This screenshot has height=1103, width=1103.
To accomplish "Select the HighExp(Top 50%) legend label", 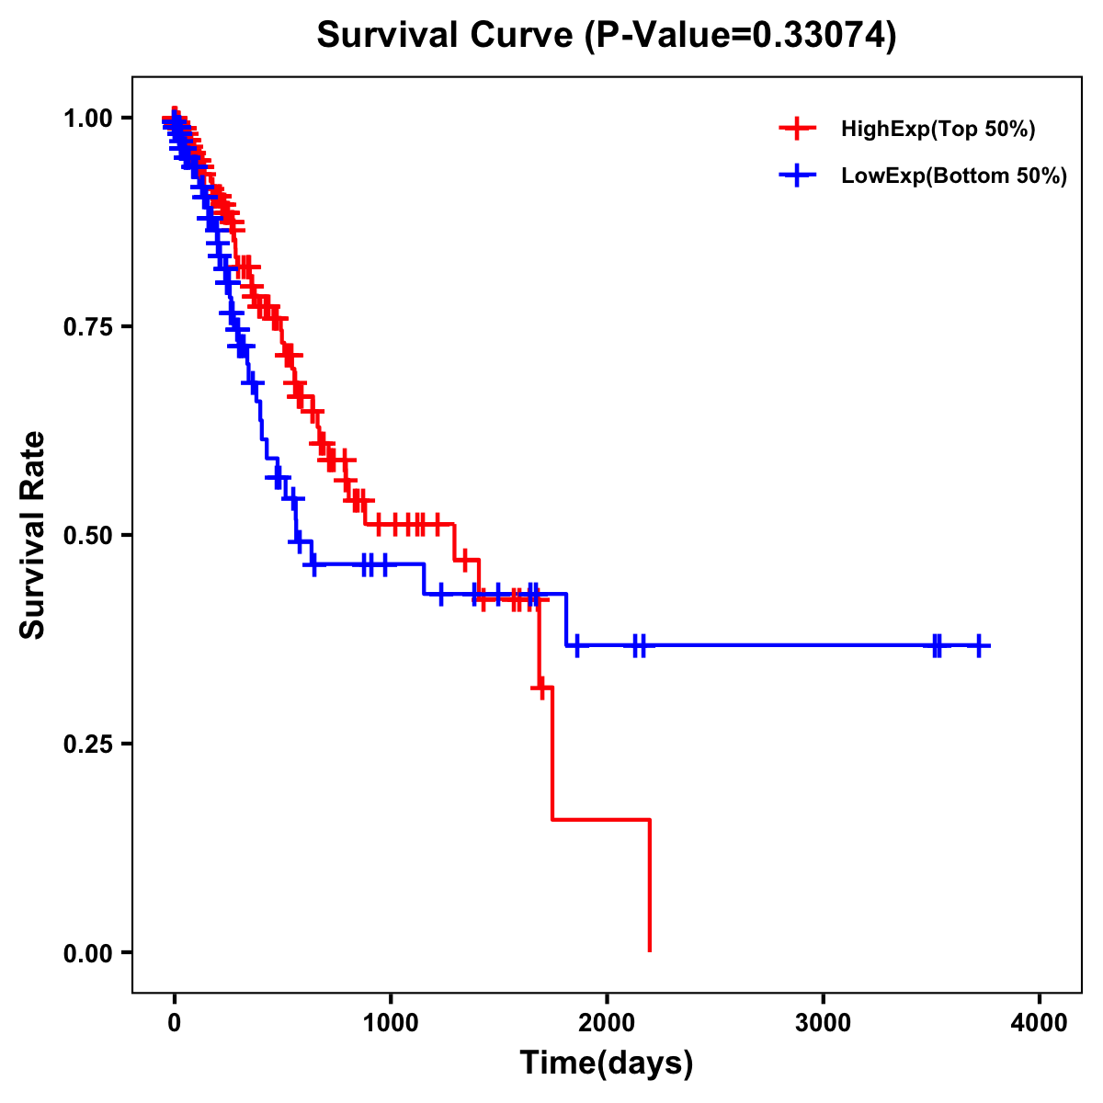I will pos(938,130).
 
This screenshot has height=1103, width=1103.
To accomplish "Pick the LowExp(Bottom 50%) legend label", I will pos(954,176).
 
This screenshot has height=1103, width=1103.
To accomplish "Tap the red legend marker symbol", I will pos(797,129).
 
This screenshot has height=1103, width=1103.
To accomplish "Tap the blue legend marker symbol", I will pos(797,176).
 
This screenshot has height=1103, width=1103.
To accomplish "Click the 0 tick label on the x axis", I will pos(175,1023).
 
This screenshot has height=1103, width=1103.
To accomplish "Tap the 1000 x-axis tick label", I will pos(391,1023).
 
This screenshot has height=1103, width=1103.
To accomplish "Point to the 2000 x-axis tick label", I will pos(607,1023).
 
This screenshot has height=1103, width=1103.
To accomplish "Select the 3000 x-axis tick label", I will pos(823,1023).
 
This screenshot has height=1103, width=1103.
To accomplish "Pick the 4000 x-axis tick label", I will pos(1040,1023).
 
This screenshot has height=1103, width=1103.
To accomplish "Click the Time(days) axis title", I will pos(607,1063).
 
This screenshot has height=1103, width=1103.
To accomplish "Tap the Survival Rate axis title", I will pos(33,535).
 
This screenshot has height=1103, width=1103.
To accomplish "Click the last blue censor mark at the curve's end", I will pos(980,646).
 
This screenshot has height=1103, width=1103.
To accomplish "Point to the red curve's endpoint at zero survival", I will pos(650,950).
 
